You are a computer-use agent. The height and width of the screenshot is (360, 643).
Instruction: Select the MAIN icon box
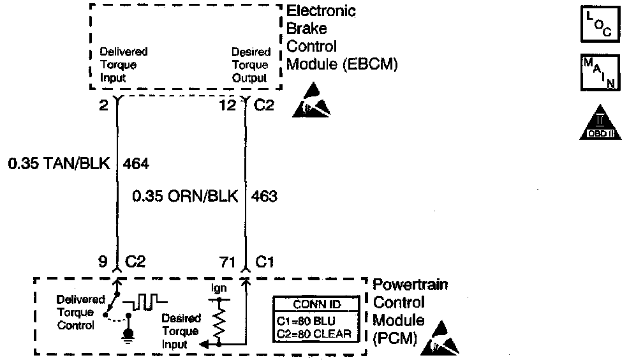(598, 71)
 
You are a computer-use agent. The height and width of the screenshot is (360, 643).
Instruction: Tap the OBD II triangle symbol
(599, 123)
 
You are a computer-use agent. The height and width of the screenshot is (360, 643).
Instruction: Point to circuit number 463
(265, 196)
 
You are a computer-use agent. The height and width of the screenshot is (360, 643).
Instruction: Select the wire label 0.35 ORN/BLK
(185, 196)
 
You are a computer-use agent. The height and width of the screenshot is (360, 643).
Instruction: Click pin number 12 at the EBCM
(228, 106)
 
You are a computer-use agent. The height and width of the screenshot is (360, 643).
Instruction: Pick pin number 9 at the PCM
(102, 262)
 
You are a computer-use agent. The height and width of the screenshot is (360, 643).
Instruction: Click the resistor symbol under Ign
(219, 323)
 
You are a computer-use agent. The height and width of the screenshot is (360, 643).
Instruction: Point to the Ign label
(218, 289)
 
